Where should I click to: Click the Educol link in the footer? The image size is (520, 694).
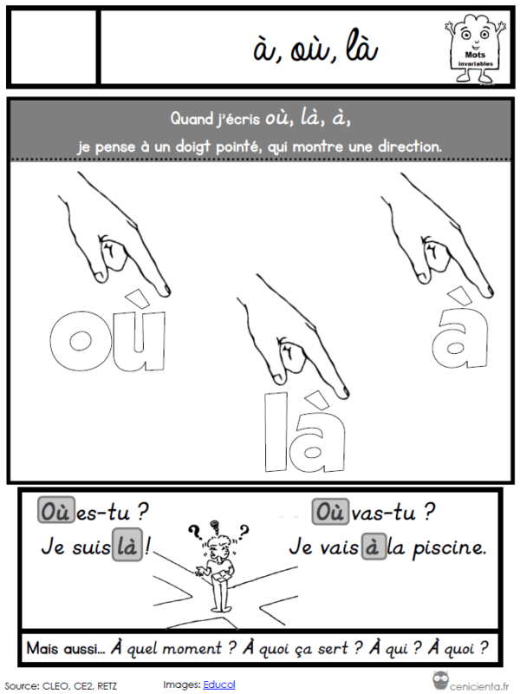coord(219,684)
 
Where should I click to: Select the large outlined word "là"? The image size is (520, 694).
coord(305,430)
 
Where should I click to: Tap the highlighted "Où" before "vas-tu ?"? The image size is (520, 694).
coord(331,512)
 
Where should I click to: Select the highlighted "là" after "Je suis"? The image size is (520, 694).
coord(127,545)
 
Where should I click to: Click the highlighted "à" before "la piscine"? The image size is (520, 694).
coord(374,547)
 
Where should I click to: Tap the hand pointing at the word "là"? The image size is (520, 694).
coord(293,336)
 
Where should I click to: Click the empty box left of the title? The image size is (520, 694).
coord(54,47)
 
